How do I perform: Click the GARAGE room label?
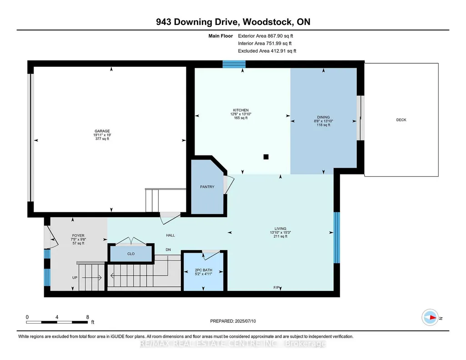click(102, 131)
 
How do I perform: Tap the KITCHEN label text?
click(241, 110)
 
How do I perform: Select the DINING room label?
click(323, 117)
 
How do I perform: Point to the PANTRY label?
click(207, 187)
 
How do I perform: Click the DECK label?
click(401, 120)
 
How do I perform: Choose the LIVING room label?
click(280, 229)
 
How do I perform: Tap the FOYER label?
click(78, 235)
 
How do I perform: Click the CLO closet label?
click(131, 254)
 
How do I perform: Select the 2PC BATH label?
click(204, 270)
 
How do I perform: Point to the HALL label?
click(170, 235)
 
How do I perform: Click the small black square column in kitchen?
click(266, 157)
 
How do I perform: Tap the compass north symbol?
click(430, 318)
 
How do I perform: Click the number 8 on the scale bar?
click(87, 317)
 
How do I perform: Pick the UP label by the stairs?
click(75, 278)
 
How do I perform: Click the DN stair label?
click(168, 250)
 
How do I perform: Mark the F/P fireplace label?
click(276, 288)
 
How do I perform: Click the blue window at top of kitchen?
click(234, 64)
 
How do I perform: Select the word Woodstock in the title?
click(267, 22)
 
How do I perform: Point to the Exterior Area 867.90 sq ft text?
click(266, 36)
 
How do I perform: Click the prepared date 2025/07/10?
click(245, 321)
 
